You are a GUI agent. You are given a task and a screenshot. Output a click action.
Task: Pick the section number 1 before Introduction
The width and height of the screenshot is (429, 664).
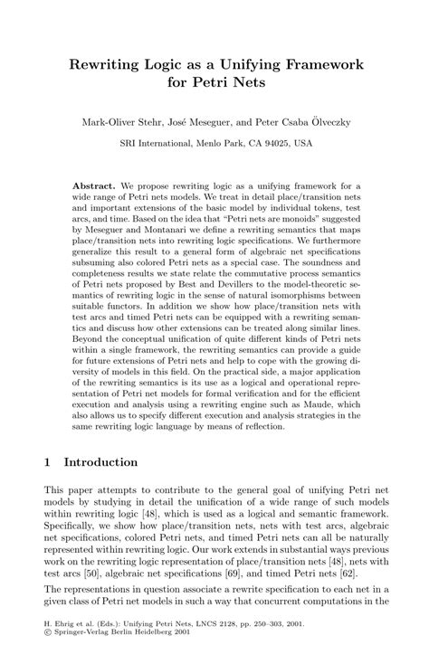tap(48, 460)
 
